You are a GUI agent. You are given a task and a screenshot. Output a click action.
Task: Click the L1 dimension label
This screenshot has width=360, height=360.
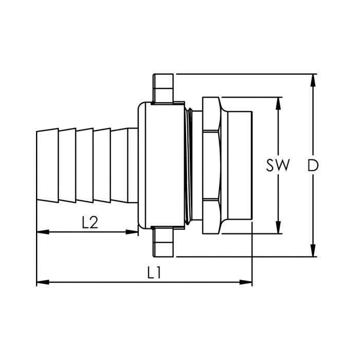(x=154, y=272)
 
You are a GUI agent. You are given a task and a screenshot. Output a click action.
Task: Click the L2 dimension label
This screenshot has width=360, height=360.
(x=90, y=222)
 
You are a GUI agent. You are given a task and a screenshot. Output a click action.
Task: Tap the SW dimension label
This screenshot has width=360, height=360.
(x=278, y=165)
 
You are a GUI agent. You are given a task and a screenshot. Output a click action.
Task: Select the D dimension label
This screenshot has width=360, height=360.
(x=313, y=165)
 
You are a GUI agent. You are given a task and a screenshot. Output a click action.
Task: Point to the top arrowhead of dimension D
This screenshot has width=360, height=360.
(x=313, y=80)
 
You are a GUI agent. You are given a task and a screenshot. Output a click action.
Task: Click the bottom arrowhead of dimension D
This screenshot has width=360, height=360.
(x=313, y=250)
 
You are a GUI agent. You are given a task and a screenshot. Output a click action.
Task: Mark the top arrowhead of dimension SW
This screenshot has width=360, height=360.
(x=278, y=103)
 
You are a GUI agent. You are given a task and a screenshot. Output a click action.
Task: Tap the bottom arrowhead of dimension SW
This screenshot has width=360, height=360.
(x=278, y=227)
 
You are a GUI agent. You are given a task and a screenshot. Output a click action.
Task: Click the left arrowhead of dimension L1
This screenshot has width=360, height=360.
(x=43, y=282)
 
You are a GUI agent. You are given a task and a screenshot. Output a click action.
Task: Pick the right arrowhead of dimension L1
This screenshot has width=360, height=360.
(x=246, y=282)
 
